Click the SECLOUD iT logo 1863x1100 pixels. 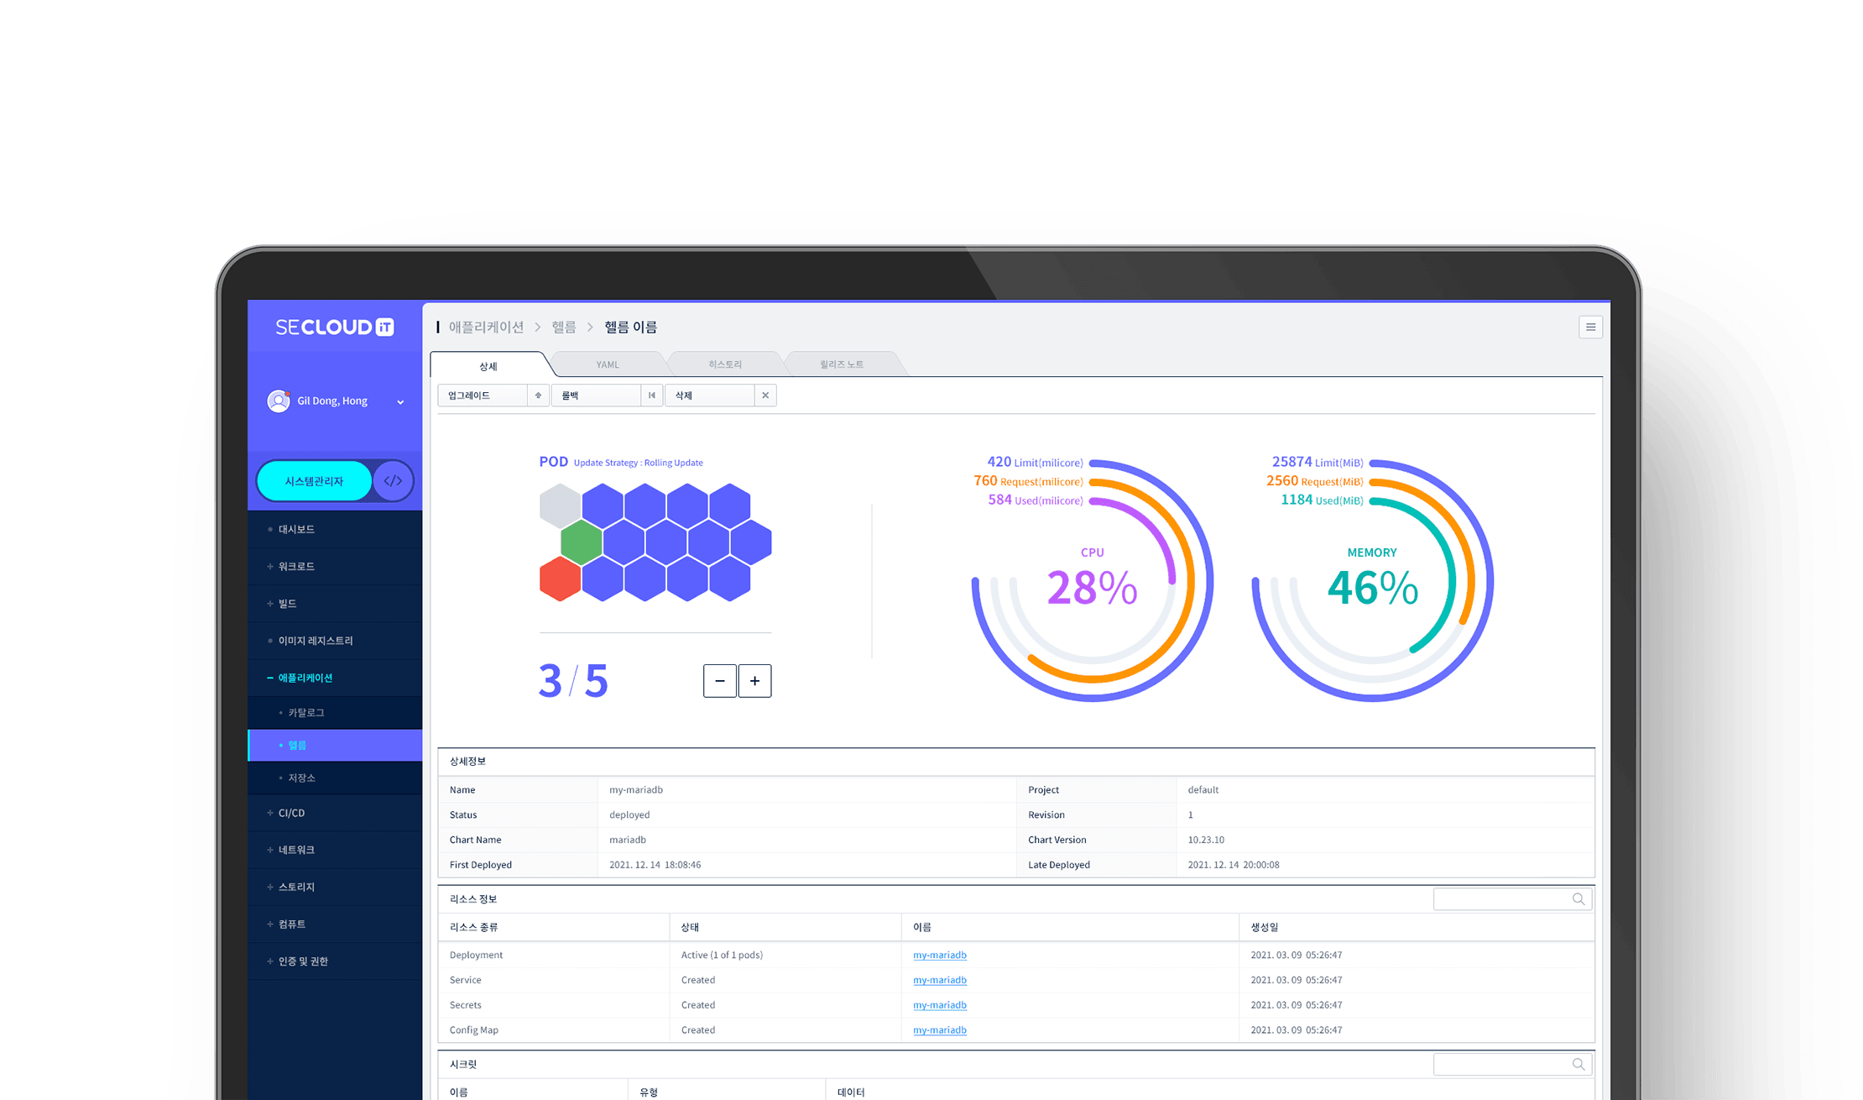[x=334, y=327]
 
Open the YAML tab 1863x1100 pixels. [x=608, y=364]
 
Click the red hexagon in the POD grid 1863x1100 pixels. [x=560, y=579]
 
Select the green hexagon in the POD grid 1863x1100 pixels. [x=581, y=542]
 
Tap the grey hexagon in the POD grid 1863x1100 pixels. [x=560, y=505]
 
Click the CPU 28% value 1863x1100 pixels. [x=1092, y=587]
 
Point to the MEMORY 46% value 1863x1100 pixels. [x=1372, y=587]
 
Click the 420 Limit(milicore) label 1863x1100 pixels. [x=1035, y=462]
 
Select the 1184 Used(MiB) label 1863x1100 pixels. [x=1321, y=500]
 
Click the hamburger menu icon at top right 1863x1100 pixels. [x=1590, y=327]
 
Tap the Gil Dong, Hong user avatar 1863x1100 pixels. [x=279, y=401]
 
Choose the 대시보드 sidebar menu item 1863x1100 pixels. [x=296, y=529]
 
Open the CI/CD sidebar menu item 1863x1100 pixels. [x=291, y=813]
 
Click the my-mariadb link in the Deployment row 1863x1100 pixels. [x=939, y=955]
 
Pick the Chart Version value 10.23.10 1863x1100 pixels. [x=1206, y=840]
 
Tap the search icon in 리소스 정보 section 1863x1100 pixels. [x=1578, y=899]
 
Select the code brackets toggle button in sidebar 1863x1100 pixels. [x=393, y=481]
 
